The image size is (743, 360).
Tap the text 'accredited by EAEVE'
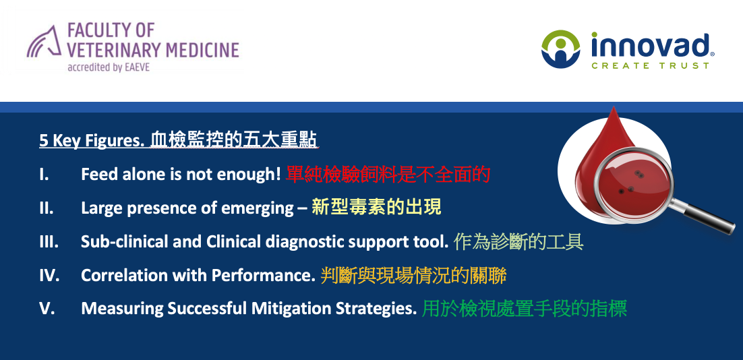(109, 67)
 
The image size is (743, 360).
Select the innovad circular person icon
(560, 49)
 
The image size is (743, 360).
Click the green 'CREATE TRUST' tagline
(650, 65)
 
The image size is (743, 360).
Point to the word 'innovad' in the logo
(650, 45)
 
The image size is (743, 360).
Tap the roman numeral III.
(49, 241)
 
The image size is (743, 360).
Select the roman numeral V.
(47, 308)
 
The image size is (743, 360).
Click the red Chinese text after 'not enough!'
(388, 175)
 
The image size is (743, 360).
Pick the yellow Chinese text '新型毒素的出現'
(376, 208)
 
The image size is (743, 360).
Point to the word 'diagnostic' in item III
(304, 242)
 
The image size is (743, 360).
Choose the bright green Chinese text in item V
(525, 309)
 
